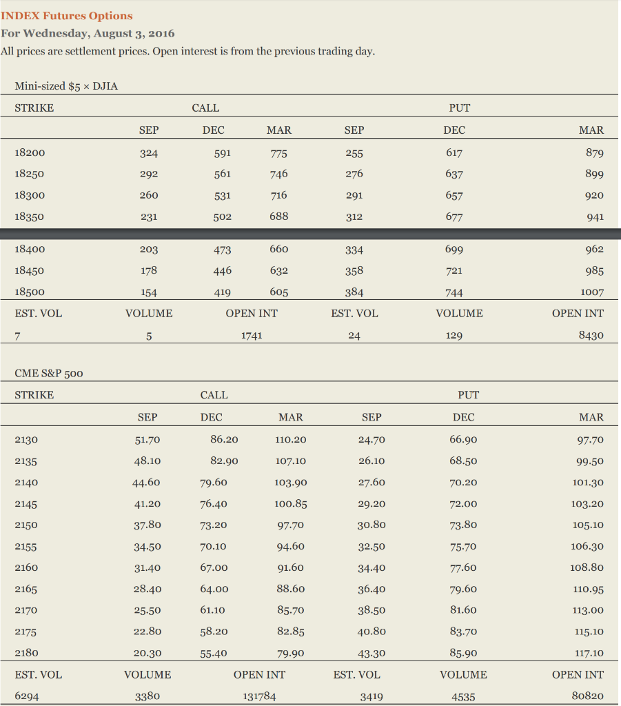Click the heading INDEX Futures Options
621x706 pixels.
[x=67, y=16]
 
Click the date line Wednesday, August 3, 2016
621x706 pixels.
[x=88, y=33]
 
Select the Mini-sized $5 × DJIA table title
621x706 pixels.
[x=61, y=85]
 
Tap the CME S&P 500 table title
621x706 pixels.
[x=48, y=373]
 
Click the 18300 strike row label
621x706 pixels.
[x=30, y=195]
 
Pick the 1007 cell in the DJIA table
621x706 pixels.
[x=591, y=292]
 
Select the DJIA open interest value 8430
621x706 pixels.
[x=591, y=335]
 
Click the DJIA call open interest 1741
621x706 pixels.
[x=251, y=335]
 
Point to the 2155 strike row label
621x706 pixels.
[x=26, y=547]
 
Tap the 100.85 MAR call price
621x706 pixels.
[x=290, y=503]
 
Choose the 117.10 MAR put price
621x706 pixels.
[x=588, y=653]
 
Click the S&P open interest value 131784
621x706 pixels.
[x=259, y=696]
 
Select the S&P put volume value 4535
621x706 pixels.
[x=462, y=696]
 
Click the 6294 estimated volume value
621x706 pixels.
[x=27, y=696]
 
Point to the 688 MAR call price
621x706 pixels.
[x=278, y=216]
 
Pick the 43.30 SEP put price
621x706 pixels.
[x=371, y=653]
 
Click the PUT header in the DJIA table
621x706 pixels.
[x=459, y=108]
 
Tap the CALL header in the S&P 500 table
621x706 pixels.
[x=214, y=395]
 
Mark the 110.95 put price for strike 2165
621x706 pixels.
[x=588, y=589]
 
